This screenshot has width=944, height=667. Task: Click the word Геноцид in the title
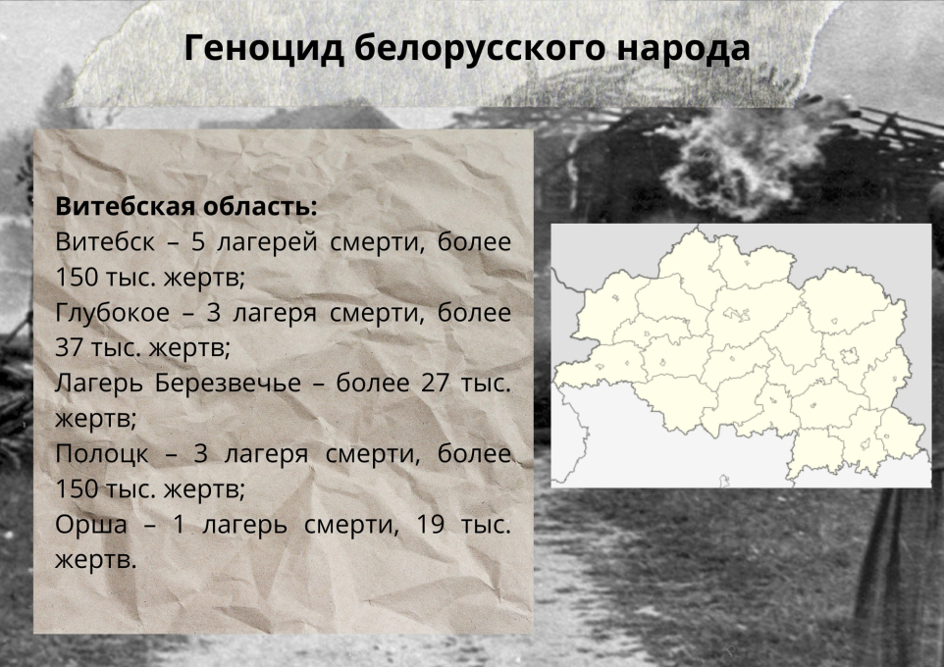(264, 49)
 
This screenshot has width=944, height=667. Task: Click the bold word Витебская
(124, 207)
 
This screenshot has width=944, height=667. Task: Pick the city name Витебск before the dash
(105, 242)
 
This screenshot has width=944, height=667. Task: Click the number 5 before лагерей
(198, 242)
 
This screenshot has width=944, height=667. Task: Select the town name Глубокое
(113, 313)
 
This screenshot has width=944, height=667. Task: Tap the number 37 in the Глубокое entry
(69, 347)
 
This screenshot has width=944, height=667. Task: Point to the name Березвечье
(228, 384)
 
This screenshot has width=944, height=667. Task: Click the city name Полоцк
(101, 454)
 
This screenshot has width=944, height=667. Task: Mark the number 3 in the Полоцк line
(200, 454)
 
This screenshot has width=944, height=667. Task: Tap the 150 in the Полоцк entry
(76, 488)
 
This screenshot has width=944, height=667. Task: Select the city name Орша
(91, 525)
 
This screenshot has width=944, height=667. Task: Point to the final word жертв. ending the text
(96, 560)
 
